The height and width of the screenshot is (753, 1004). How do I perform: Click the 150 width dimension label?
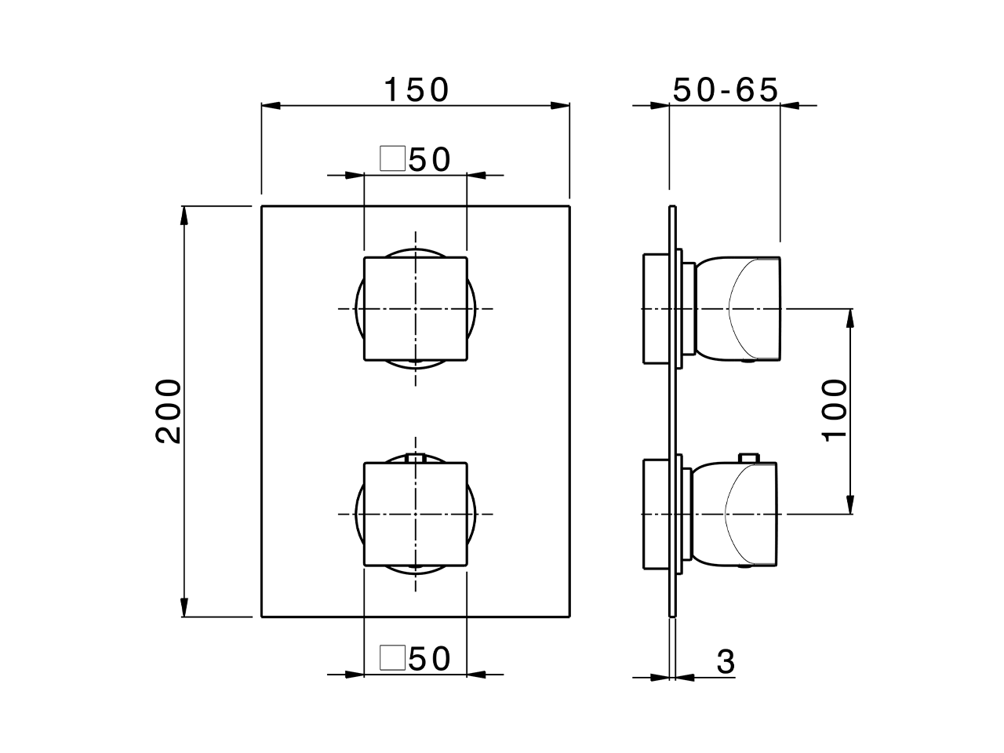pos(416,90)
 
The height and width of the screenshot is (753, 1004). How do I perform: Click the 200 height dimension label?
pos(168,411)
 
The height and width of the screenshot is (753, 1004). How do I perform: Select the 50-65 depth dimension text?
pos(726,90)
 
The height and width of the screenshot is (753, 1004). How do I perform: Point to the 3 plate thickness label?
pos(726,662)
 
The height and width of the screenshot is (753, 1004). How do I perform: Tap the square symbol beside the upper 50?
pos(391,158)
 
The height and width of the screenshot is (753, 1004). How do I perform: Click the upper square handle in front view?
pos(416,309)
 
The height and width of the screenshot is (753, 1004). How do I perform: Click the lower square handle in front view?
pos(416,514)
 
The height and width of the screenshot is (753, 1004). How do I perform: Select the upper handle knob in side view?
pos(741,309)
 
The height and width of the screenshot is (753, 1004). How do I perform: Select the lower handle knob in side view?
pos(741,514)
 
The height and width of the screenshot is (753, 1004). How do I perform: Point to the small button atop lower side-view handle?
pos(749,457)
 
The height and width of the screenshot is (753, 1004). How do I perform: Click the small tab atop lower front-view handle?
pos(416,458)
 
